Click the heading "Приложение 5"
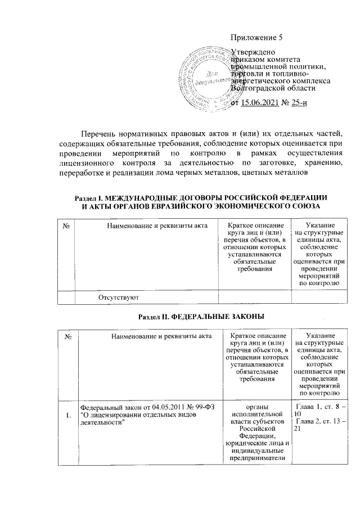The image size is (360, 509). (256, 38)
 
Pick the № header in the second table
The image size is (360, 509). (67, 336)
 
